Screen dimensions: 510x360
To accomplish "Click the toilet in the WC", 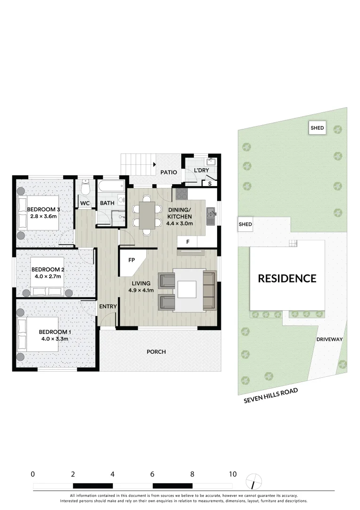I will pyautogui.click(x=85, y=188).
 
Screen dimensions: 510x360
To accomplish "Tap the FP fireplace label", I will pyautogui.click(x=132, y=260).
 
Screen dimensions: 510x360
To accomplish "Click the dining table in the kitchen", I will pyautogui.click(x=147, y=215).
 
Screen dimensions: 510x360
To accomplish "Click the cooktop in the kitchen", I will pyautogui.click(x=182, y=194).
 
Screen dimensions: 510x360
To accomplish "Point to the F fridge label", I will pyautogui.click(x=188, y=242).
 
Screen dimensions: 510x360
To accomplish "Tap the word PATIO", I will pyautogui.click(x=168, y=172).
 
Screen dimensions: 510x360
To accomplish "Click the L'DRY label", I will pyautogui.click(x=201, y=170).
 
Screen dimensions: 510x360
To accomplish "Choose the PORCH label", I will pyautogui.click(x=156, y=352).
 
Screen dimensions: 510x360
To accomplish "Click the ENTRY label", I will pyautogui.click(x=108, y=306).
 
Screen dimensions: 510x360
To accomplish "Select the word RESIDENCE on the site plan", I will pyautogui.click(x=287, y=279).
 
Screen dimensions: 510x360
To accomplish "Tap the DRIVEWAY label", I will pyautogui.click(x=329, y=340).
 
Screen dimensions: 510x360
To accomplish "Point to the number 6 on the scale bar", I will pyautogui.click(x=152, y=474).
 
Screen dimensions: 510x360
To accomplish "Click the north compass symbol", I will pyautogui.click(x=254, y=481).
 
